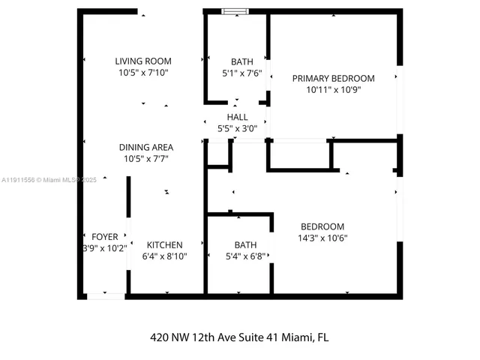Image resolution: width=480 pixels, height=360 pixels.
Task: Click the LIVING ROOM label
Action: pos(143,61)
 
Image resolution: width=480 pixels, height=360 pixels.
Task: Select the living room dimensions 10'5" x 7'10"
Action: pos(143,73)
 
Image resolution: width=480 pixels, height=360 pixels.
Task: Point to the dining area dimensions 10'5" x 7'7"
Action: pos(145,158)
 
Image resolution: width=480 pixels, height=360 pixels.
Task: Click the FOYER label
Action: pos(105,236)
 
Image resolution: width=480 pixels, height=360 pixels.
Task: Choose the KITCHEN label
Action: pos(164,244)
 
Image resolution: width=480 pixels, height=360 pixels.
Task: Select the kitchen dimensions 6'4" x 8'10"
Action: pos(164,256)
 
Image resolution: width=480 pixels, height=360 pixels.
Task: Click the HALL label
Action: pos(237,117)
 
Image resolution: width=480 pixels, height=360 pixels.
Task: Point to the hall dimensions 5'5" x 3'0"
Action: pos(237,128)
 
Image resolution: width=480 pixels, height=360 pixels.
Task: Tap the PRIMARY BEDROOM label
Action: pos(333,78)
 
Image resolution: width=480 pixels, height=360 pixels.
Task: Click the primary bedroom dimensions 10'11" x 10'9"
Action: pos(333,89)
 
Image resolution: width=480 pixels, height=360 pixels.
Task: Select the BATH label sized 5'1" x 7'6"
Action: pos(242,61)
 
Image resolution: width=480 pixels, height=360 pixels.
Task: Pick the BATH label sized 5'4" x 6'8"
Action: pos(245,244)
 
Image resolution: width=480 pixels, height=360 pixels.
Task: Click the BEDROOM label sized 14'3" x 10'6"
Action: pos(322,226)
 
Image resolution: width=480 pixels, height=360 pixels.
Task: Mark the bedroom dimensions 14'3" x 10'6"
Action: pos(322,238)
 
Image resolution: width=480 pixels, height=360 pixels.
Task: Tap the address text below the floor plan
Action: pos(239,337)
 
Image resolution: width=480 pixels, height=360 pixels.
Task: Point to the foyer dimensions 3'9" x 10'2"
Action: pos(104,248)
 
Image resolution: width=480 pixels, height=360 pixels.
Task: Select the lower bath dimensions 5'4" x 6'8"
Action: pos(245,256)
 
